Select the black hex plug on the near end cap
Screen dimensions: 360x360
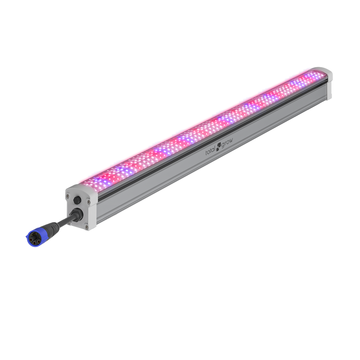77,200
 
